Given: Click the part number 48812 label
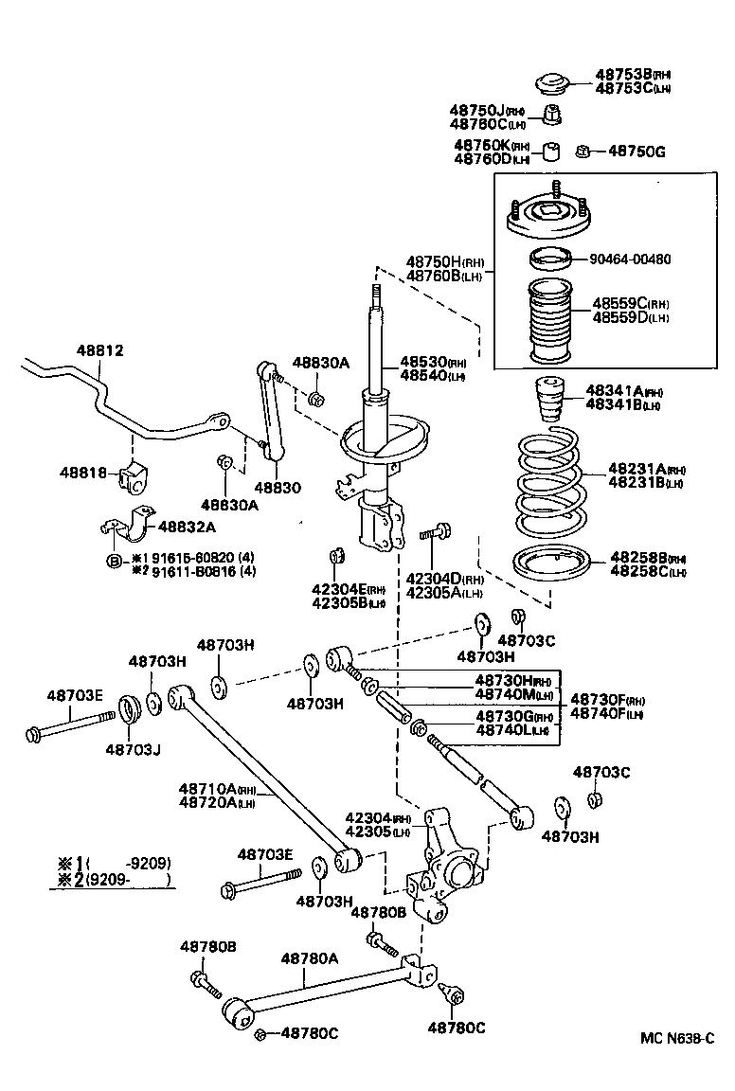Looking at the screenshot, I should pos(100,350).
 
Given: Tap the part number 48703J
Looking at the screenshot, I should pos(133,749).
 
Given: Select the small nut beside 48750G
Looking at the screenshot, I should pos(584,151).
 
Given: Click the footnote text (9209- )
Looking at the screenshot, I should pos(128,880).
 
